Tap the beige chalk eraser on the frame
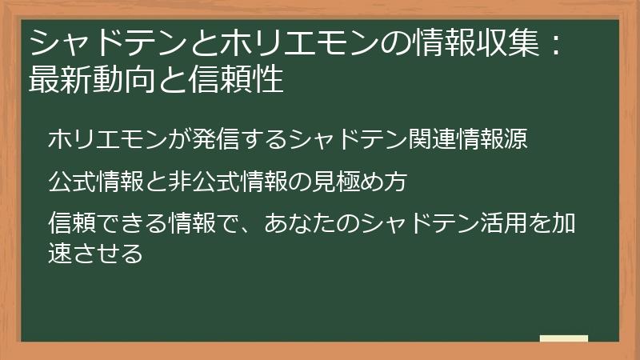point(563,339)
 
